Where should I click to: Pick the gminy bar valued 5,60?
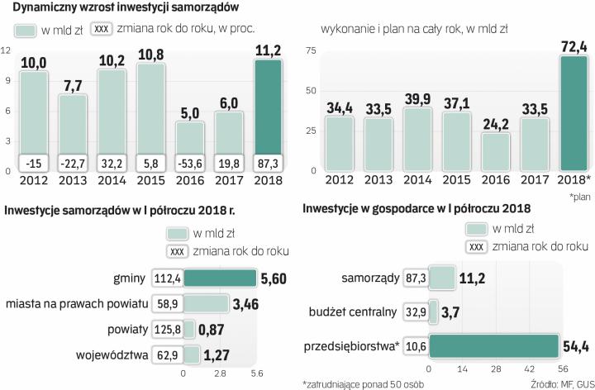point(220,279)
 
